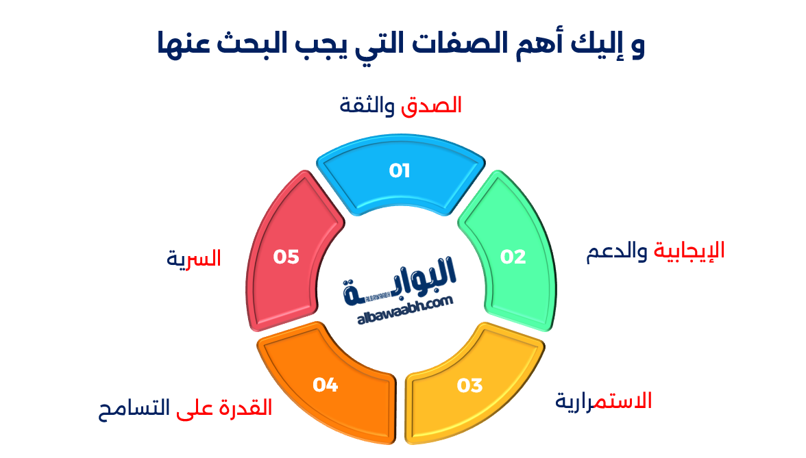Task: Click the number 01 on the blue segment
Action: (400, 170)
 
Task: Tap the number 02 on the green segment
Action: (513, 257)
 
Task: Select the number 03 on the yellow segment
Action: (470, 385)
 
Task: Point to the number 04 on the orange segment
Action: (326, 385)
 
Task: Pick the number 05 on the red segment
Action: (286, 257)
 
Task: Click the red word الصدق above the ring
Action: (432, 105)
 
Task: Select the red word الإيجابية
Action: (689, 251)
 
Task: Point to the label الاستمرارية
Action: (603, 401)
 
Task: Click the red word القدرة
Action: (243, 409)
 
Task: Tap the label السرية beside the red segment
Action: (194, 259)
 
